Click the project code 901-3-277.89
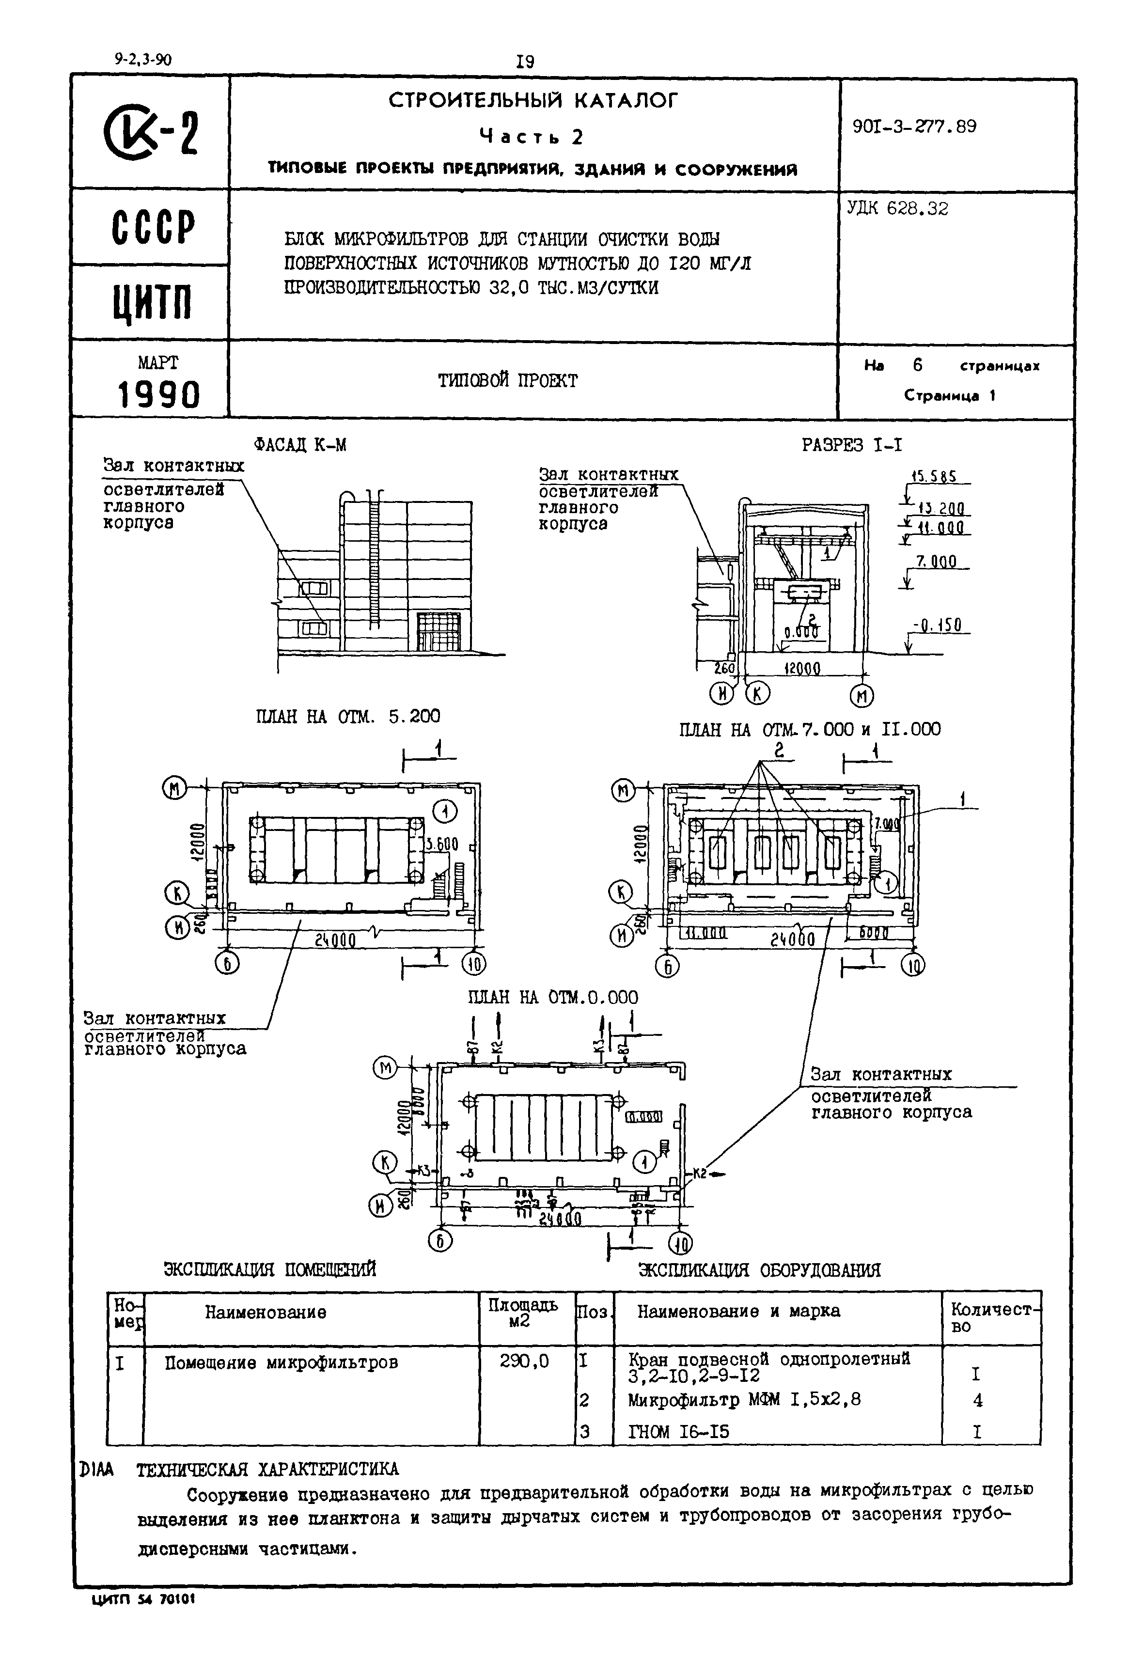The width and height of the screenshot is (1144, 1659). (x=914, y=127)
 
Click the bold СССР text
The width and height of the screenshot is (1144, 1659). (x=153, y=228)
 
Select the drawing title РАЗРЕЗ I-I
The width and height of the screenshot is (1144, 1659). (x=851, y=445)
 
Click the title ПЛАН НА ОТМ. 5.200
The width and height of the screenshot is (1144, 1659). (x=347, y=716)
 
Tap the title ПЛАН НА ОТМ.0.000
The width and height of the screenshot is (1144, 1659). (x=553, y=998)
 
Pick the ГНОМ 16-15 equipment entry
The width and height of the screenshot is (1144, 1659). (x=678, y=1432)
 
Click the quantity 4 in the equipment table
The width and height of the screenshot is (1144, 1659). (x=978, y=1400)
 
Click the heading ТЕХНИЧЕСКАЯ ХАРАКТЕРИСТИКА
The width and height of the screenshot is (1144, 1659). (x=267, y=1469)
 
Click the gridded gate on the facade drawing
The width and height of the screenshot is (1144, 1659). (x=439, y=631)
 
